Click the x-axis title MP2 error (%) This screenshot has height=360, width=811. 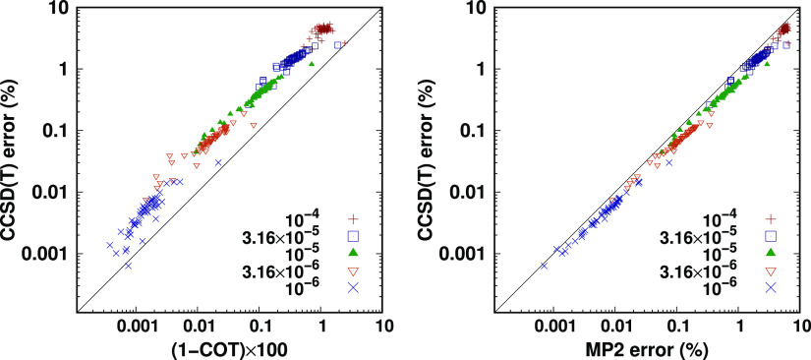point(646,348)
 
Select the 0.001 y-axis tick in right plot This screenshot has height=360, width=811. point(468,253)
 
